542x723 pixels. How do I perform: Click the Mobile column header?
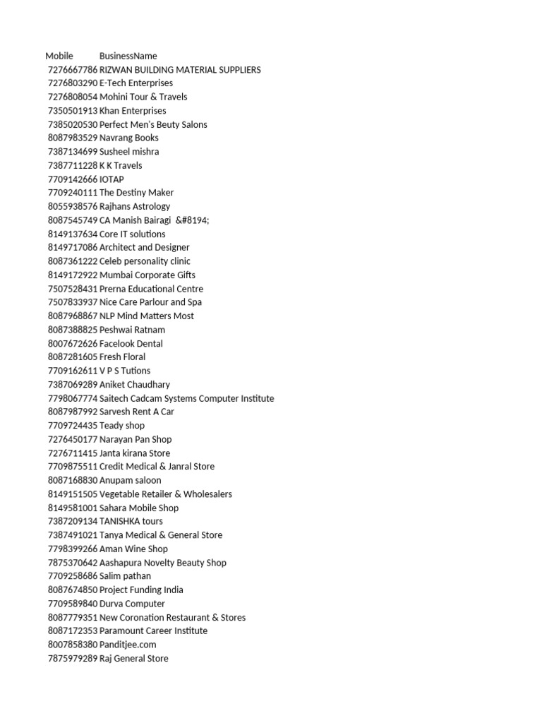59,56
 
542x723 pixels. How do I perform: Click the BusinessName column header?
128,56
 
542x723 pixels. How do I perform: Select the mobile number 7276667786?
73,70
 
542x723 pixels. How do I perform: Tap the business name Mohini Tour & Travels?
143,97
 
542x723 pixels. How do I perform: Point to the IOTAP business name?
112,179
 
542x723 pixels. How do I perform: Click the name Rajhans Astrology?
135,206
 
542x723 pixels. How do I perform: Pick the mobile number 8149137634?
73,234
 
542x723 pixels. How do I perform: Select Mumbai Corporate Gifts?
147,275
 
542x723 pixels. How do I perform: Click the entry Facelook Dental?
131,343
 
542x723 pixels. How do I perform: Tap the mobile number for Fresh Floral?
73,357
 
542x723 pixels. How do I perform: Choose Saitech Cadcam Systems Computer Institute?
186,398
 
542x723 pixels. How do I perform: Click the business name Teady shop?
122,426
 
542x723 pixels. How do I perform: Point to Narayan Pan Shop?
135,439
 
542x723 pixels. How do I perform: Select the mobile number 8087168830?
73,480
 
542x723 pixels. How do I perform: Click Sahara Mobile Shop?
139,508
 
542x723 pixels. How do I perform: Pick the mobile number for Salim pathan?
73,576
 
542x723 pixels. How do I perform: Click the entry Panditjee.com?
128,645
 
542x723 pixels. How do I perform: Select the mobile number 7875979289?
73,659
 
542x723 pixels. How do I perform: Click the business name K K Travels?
121,165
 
